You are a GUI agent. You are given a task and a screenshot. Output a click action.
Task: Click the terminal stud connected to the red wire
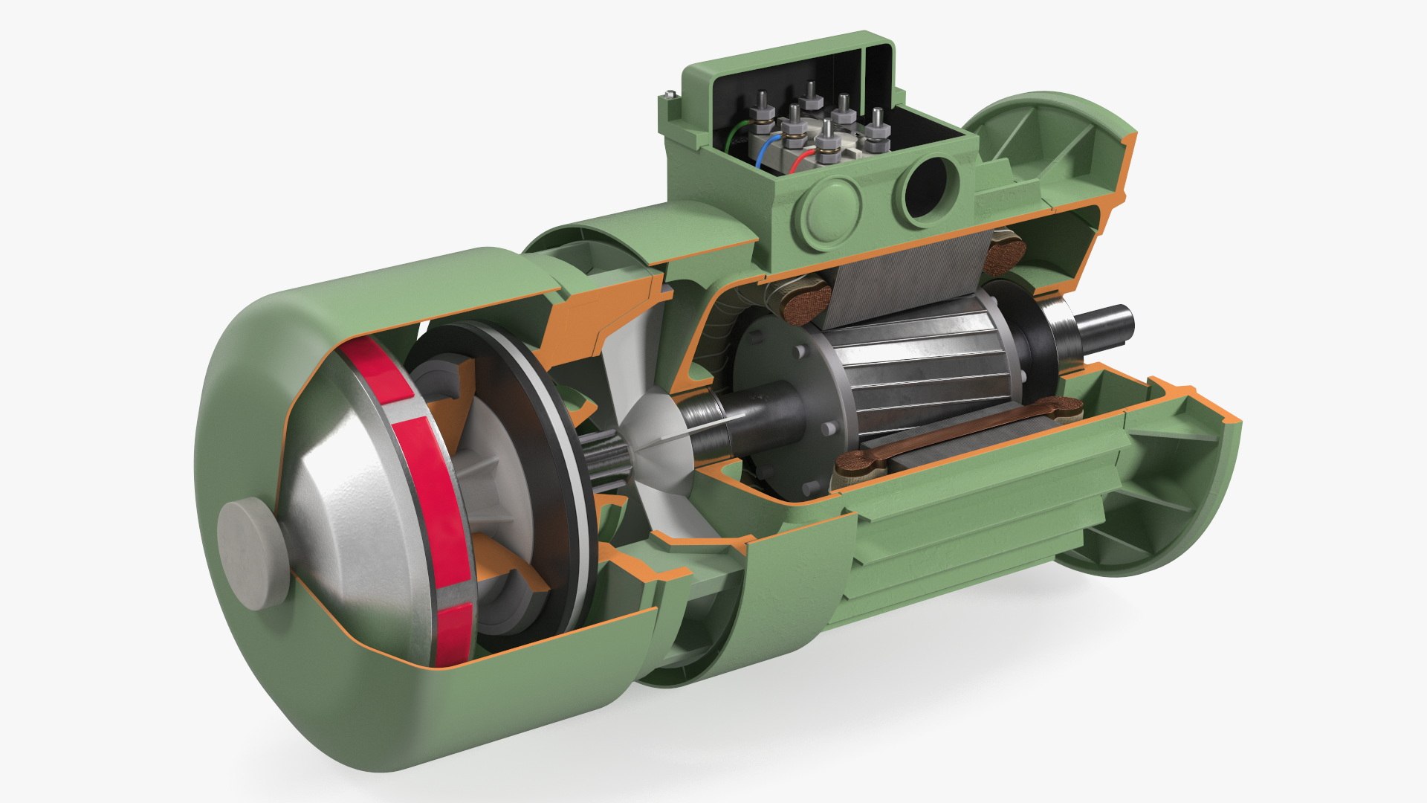coord(825,138)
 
